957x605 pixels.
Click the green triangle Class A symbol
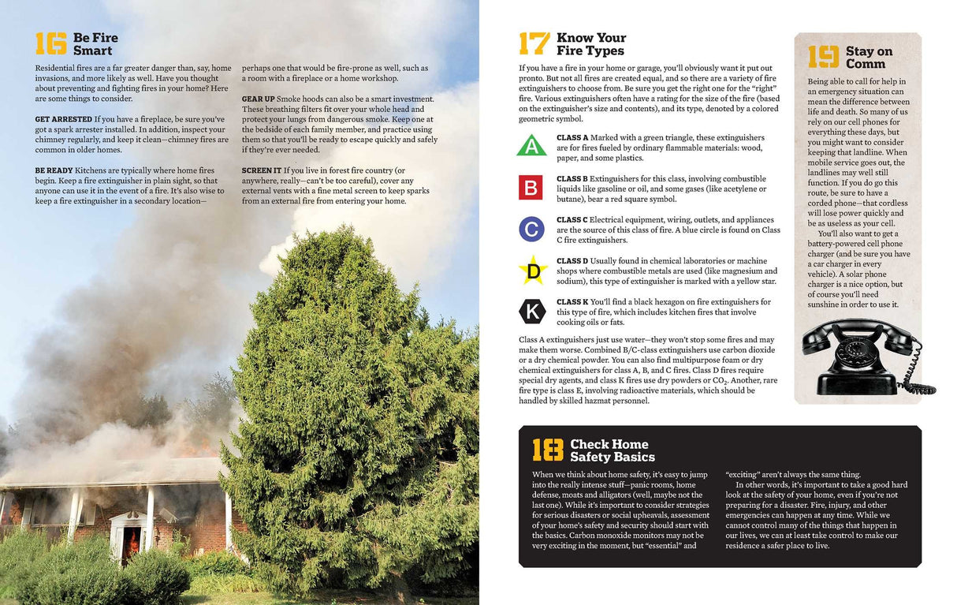[x=531, y=147]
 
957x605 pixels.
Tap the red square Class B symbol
[x=531, y=188]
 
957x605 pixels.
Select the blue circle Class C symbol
[x=531, y=229]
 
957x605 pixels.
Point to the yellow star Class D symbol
[x=532, y=271]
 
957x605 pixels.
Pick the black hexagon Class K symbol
[x=532, y=312]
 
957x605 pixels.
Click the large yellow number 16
[x=50, y=44]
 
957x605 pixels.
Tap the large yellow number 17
[x=534, y=44]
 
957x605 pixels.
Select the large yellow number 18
[x=547, y=450]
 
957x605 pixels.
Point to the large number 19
[x=823, y=58]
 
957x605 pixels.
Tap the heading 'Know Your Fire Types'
[x=590, y=44]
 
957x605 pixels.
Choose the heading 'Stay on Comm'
[x=869, y=58]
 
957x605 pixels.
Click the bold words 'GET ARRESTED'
[x=63, y=119]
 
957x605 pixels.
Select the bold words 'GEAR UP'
[x=258, y=99]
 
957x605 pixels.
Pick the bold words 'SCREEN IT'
[x=261, y=170]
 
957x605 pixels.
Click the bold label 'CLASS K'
[x=572, y=302]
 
